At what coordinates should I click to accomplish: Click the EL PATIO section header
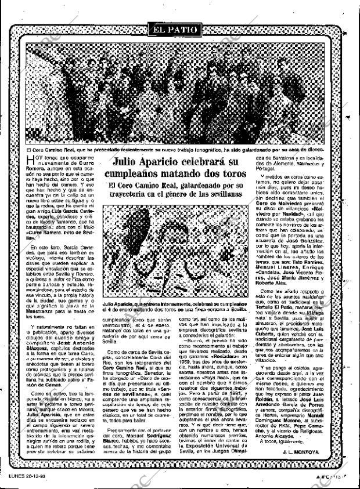[x=175, y=28]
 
